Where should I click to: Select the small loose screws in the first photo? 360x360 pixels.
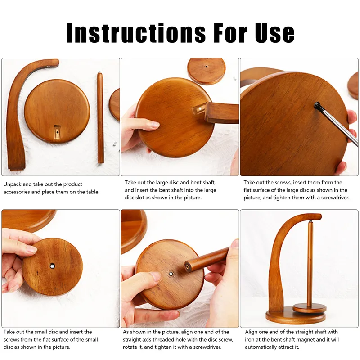(x=115, y=144)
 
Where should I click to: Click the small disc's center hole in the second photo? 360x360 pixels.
(x=207, y=67)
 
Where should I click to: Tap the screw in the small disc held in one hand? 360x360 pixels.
(x=52, y=266)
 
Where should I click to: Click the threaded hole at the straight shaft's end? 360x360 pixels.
(x=187, y=267)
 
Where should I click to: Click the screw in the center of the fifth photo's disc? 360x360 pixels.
(x=171, y=273)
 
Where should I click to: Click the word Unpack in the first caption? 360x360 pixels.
(x=13, y=184)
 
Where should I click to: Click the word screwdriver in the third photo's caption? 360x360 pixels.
(x=333, y=197)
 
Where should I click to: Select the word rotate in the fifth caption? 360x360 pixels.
(x=132, y=347)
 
